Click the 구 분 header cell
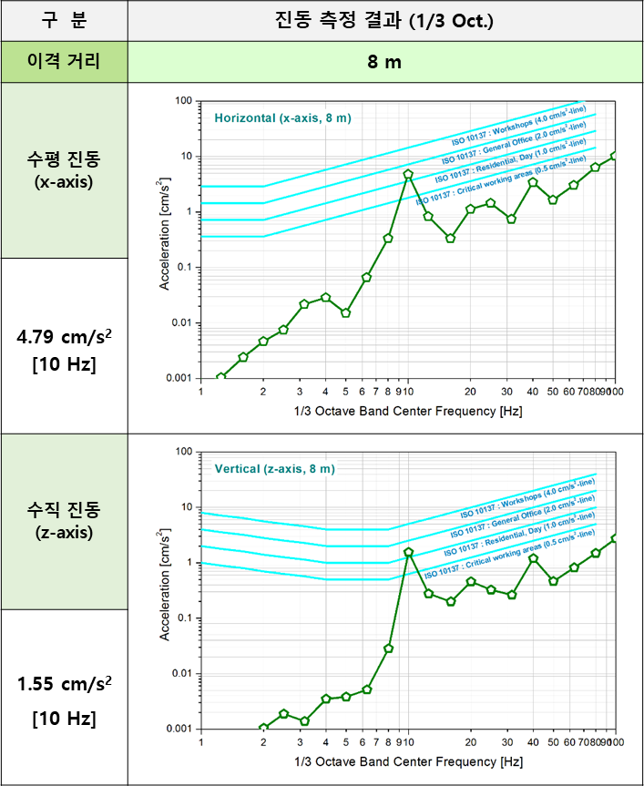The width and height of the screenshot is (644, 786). click(64, 19)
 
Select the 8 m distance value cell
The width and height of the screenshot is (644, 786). click(384, 62)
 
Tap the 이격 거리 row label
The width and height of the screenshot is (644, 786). click(64, 62)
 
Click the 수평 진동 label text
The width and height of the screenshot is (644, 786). click(64, 158)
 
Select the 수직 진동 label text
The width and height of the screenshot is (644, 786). click(64, 509)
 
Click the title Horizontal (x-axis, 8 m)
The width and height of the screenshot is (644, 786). click(282, 117)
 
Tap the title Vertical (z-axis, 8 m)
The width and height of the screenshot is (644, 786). click(275, 468)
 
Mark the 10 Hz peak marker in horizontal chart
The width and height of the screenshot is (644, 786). click(408, 174)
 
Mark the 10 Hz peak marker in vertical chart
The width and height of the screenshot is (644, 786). click(408, 552)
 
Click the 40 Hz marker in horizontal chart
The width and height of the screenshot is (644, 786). click(533, 182)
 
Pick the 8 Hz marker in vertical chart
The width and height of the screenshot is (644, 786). click(388, 648)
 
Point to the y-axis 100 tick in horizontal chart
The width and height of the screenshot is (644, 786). click(187, 100)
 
